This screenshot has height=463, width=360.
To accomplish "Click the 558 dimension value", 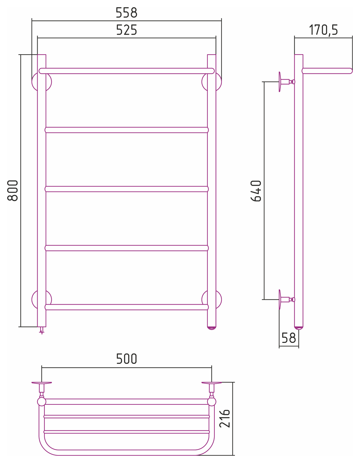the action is point(127,13).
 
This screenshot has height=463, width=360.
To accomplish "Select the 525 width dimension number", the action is point(127,30).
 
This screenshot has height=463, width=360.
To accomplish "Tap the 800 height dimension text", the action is point(13,191).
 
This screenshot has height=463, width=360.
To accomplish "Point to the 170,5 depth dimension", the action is point(323,30).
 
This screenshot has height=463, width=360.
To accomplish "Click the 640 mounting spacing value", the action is point(256,191).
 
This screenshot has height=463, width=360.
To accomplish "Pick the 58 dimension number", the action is point(289,338).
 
